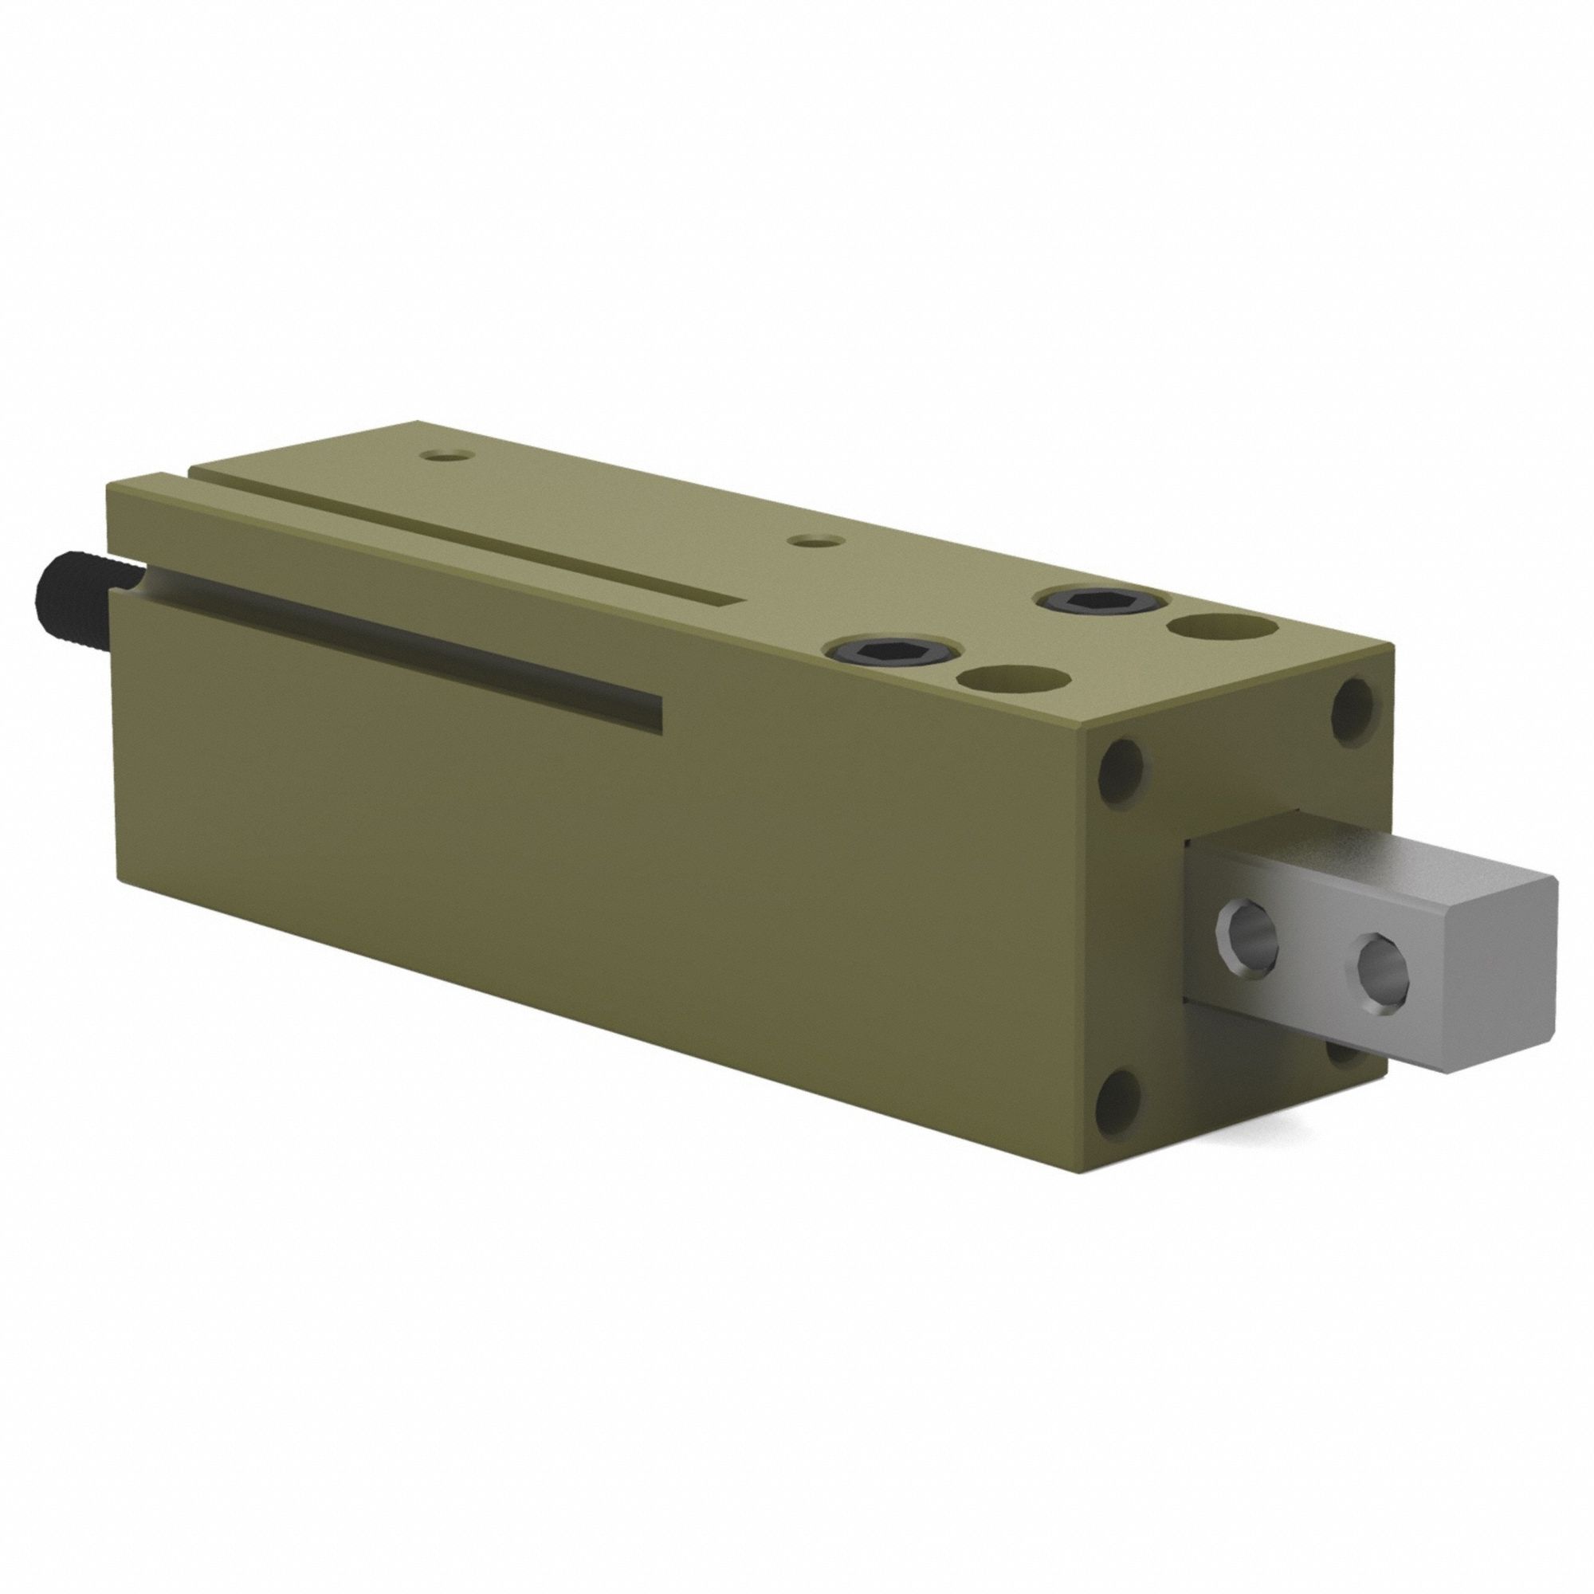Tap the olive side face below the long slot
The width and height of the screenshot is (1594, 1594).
(578, 866)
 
